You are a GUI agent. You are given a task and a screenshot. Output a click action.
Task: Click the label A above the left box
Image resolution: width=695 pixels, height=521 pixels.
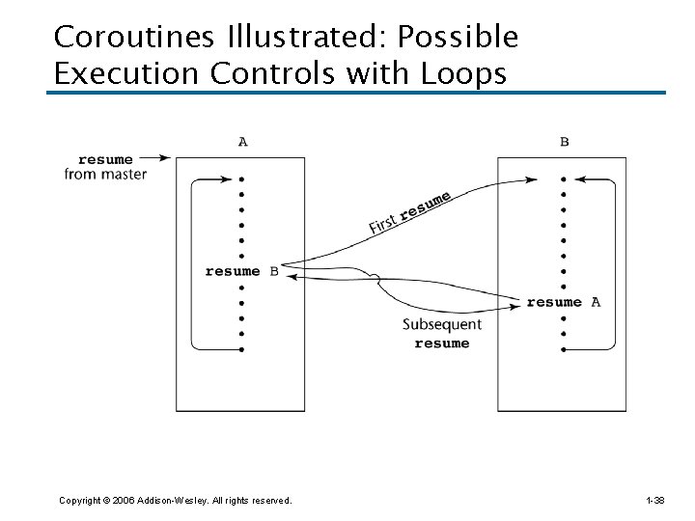pyautogui.click(x=242, y=142)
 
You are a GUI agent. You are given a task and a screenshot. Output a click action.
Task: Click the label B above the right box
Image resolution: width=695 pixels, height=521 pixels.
pyautogui.click(x=564, y=142)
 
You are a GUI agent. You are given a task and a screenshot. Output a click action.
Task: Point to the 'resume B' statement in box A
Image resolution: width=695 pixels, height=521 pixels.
pyautogui.click(x=241, y=271)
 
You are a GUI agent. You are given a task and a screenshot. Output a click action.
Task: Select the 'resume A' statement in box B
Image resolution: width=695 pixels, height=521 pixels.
pyautogui.click(x=563, y=302)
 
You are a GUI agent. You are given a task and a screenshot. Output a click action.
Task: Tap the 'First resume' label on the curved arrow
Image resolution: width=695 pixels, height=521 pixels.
pyautogui.click(x=409, y=213)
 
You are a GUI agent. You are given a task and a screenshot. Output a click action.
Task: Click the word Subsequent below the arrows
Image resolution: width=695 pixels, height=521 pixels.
pyautogui.click(x=441, y=324)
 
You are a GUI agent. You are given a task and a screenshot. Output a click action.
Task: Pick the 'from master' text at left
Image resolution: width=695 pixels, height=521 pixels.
pyautogui.click(x=105, y=175)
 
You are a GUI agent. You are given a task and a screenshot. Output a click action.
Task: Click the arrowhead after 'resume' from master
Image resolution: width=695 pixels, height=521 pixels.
pyautogui.click(x=165, y=158)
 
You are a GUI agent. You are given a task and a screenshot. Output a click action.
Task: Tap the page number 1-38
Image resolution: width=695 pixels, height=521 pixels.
pyautogui.click(x=653, y=500)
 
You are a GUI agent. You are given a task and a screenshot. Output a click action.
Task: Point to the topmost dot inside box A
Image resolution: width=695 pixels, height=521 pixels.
pyautogui.click(x=241, y=178)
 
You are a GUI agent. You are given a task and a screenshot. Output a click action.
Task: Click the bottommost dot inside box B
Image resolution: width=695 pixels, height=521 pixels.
pyautogui.click(x=563, y=348)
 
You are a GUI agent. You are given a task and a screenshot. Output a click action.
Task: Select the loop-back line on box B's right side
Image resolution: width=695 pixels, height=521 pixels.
pyautogui.click(x=614, y=260)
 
